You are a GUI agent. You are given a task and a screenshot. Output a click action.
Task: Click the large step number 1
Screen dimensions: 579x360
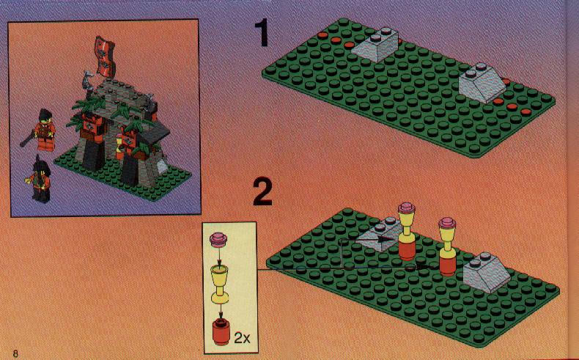262,33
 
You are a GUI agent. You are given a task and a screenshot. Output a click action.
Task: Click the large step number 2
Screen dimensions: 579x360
263,192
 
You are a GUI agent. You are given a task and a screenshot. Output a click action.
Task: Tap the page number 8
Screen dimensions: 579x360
15,353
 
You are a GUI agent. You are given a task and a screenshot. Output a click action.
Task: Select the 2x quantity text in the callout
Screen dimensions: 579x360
242,338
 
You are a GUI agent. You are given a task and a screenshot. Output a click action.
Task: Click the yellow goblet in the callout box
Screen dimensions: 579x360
220,284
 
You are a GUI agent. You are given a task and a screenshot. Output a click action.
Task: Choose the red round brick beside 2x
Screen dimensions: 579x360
221,333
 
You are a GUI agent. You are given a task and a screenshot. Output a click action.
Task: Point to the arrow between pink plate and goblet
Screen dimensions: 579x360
219,257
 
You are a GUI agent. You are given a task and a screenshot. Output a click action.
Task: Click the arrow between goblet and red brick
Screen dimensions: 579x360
221,312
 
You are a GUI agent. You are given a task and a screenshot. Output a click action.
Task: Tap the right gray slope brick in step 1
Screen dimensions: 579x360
482,83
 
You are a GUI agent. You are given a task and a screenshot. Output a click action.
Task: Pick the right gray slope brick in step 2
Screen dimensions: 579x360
487,272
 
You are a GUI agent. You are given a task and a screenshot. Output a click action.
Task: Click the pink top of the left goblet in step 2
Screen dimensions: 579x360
407,207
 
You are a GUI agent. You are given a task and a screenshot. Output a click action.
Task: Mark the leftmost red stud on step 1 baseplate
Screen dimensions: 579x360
322,35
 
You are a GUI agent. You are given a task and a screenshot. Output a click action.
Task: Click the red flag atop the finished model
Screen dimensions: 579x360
106,57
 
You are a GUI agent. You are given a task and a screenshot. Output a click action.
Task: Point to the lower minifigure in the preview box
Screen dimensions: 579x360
40,179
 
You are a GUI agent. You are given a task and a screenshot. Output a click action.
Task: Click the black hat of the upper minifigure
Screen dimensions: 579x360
45,114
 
